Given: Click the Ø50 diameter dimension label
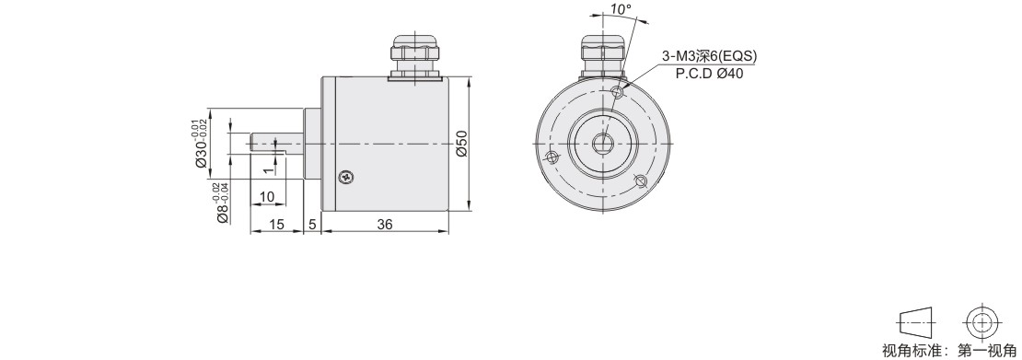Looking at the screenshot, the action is [461, 144].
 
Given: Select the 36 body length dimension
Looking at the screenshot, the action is [385, 225].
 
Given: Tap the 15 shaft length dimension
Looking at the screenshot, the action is [277, 225].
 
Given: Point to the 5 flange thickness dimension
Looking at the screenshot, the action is [312, 225].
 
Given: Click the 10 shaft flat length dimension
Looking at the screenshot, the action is [267, 197].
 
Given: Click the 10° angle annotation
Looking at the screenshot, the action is [621, 9].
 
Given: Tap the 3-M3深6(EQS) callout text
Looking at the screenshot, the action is [709, 57].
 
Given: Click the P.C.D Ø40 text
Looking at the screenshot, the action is [709, 74].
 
